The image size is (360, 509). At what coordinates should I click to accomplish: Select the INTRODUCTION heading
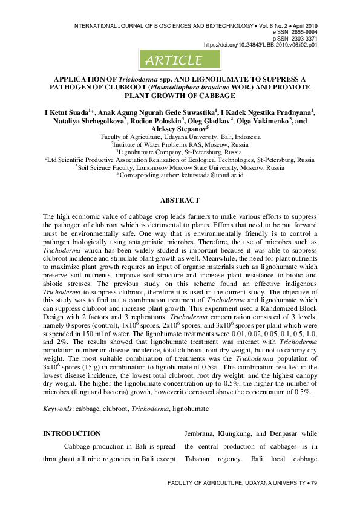[72, 433]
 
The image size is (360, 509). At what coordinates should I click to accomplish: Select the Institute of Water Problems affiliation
[179, 146]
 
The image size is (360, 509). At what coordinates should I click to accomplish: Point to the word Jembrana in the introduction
[202, 433]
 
